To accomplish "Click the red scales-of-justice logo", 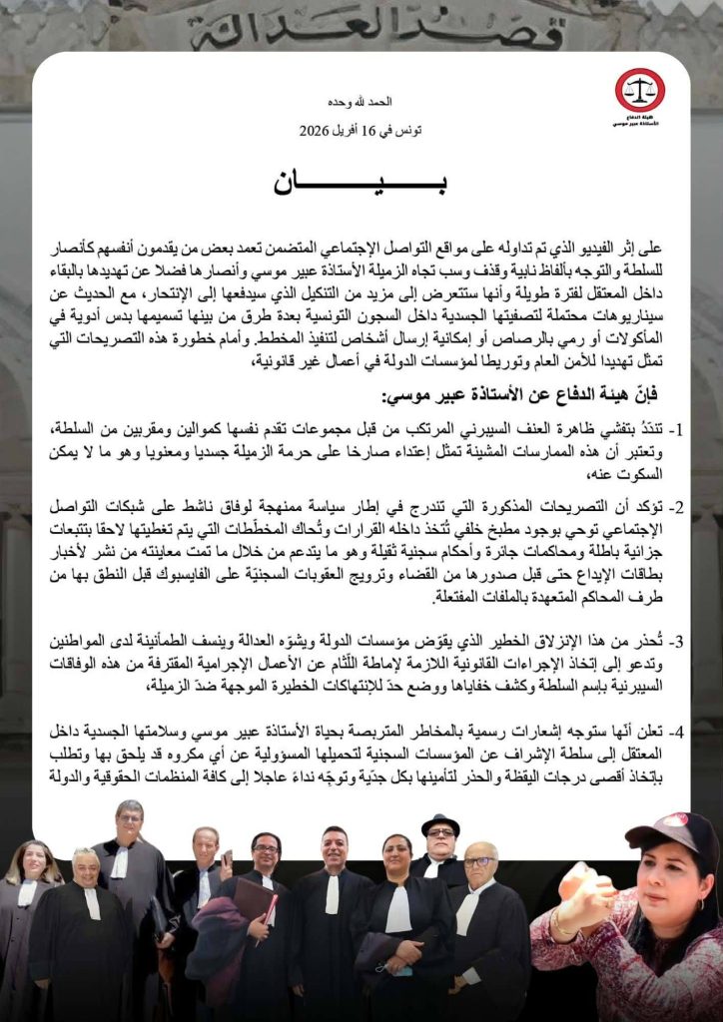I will [639, 89].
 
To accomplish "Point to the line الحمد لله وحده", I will [361, 102].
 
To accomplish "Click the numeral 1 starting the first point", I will [676, 431].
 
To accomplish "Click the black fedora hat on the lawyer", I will [439, 826].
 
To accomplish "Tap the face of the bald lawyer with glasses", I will [479, 863].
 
